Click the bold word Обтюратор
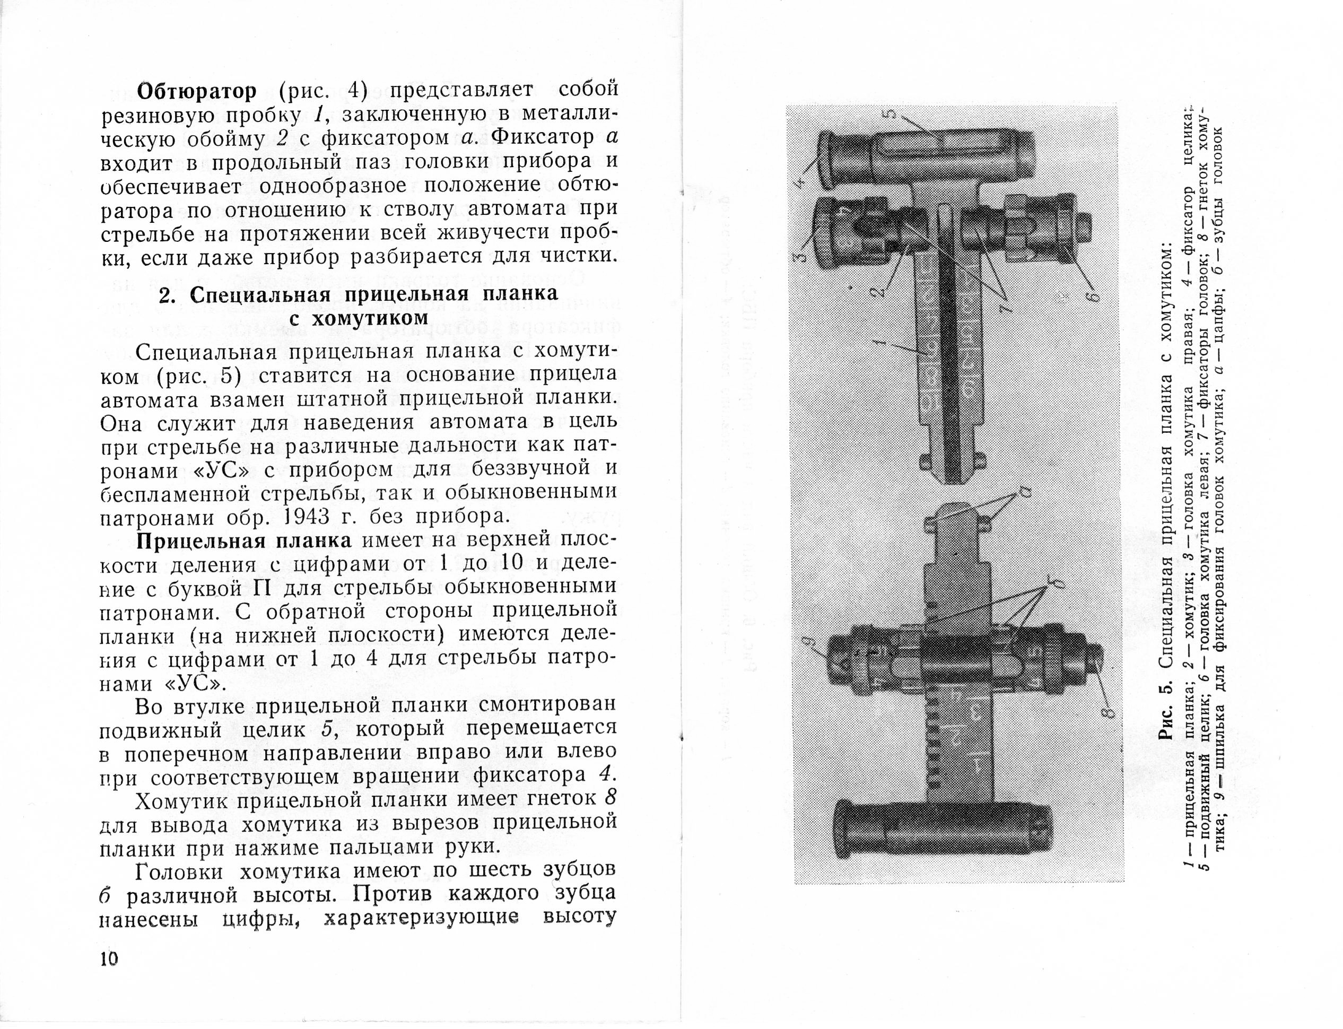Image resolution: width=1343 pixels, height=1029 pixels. coord(197,91)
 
